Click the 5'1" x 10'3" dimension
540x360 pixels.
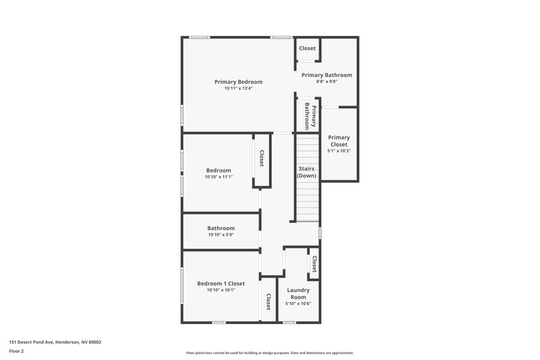(x=339, y=151)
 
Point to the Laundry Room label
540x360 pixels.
(x=298, y=294)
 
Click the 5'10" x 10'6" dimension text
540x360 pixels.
(x=298, y=304)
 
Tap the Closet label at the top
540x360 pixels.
(x=307, y=49)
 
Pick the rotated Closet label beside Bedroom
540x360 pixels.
(x=261, y=159)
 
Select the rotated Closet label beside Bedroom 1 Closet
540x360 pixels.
(x=268, y=302)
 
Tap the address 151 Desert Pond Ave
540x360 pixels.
(x=55, y=342)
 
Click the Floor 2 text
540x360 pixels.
(x=17, y=351)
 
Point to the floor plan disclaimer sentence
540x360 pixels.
(x=269, y=353)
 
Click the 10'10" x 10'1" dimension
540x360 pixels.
(x=221, y=290)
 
